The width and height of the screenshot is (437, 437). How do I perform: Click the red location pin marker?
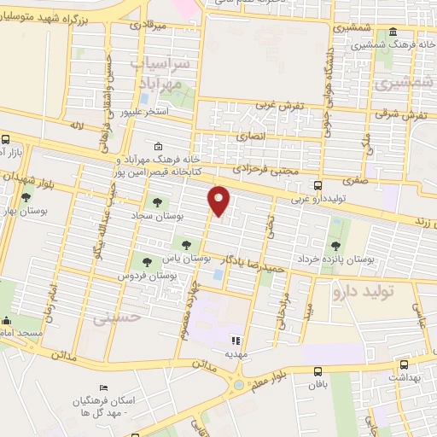pos(219,201)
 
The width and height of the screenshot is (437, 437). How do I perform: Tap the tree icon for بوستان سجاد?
pos(157,202)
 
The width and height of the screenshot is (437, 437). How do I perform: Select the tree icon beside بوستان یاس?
pos(186,245)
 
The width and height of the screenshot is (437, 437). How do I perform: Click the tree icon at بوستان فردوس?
pos(149,262)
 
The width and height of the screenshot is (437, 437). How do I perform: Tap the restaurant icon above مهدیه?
pos(237,338)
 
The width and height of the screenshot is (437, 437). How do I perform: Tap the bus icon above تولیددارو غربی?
pos(318,185)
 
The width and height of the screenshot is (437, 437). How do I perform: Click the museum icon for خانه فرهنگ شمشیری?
pos(393,33)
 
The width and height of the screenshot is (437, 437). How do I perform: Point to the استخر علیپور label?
pos(144,112)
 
